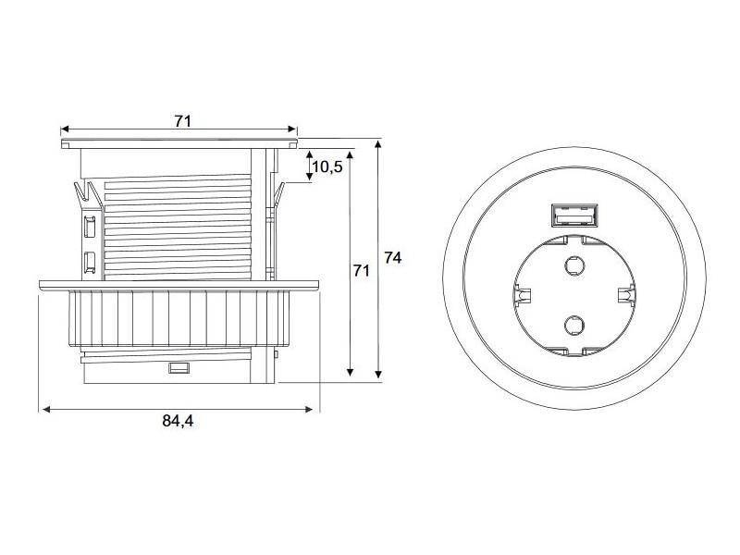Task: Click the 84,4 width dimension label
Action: point(179,421)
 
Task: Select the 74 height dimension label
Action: point(392,259)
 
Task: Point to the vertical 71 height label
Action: point(362,271)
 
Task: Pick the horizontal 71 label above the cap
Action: point(183,120)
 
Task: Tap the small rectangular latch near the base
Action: point(179,369)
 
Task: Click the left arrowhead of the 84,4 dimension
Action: point(43,408)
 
